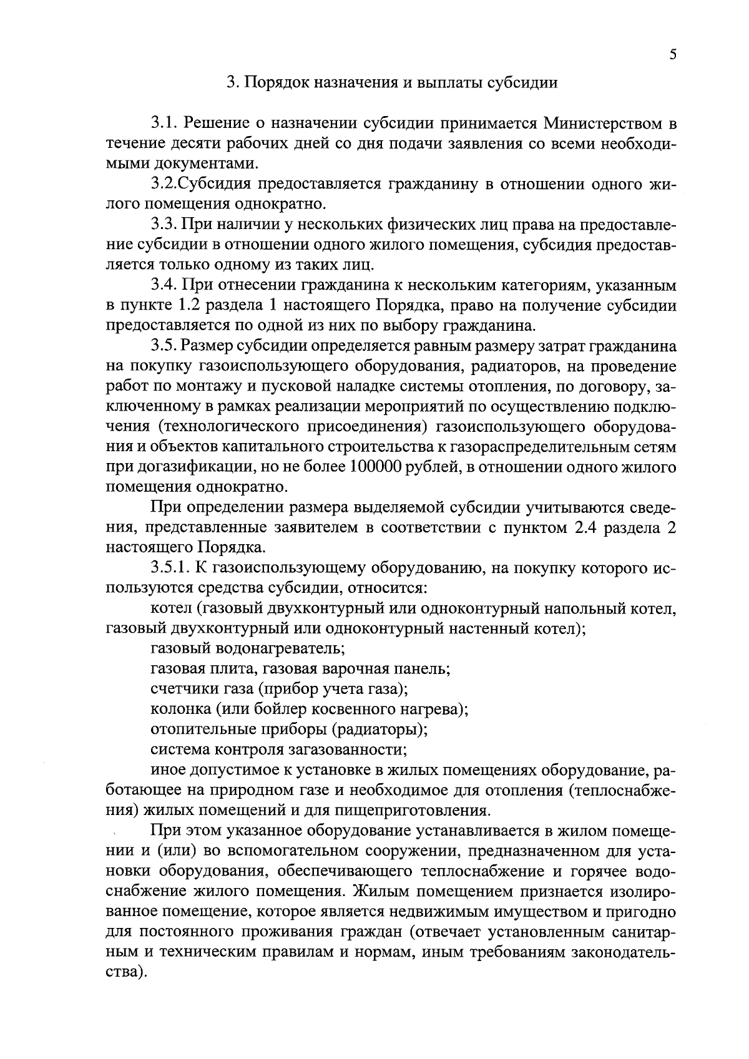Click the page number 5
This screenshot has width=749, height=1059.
pyautogui.click(x=672, y=54)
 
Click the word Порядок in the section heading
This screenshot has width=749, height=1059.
pyautogui.click(x=277, y=82)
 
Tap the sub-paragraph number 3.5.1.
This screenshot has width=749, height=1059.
pyautogui.click(x=172, y=568)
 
